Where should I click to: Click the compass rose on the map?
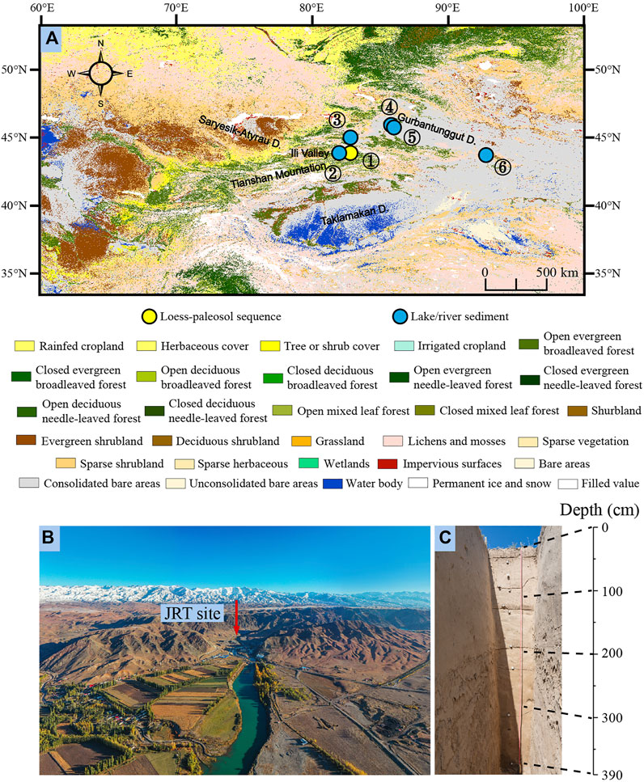tap(100, 74)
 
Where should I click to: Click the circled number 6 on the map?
tap(502, 167)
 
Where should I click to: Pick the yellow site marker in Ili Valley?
tap(350, 153)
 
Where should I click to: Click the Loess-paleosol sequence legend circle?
tap(149, 316)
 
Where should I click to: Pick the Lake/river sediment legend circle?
tap(397, 316)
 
